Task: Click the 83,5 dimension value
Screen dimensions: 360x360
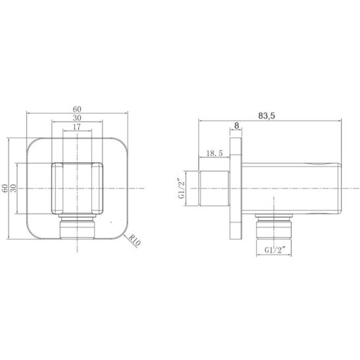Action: pyautogui.click(x=266, y=116)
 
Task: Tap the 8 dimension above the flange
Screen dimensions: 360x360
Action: pyautogui.click(x=236, y=125)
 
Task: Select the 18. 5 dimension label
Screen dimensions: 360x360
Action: pyautogui.click(x=214, y=153)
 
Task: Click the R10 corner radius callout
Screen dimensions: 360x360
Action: pyautogui.click(x=134, y=240)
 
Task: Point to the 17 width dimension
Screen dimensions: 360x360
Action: pyautogui.click(x=77, y=127)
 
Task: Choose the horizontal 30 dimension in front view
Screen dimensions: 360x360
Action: pyautogui.click(x=77, y=118)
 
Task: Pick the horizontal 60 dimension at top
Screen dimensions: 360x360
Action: pyautogui.click(x=77, y=109)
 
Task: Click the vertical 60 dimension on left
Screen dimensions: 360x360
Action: pyautogui.click(x=5, y=189)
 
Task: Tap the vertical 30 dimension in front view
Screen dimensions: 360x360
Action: pyautogui.click(x=14, y=189)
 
